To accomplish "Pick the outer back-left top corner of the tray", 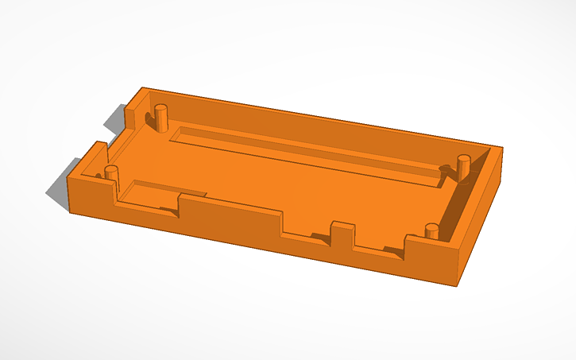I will (x=141, y=88).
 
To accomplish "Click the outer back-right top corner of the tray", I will (x=502, y=148).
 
